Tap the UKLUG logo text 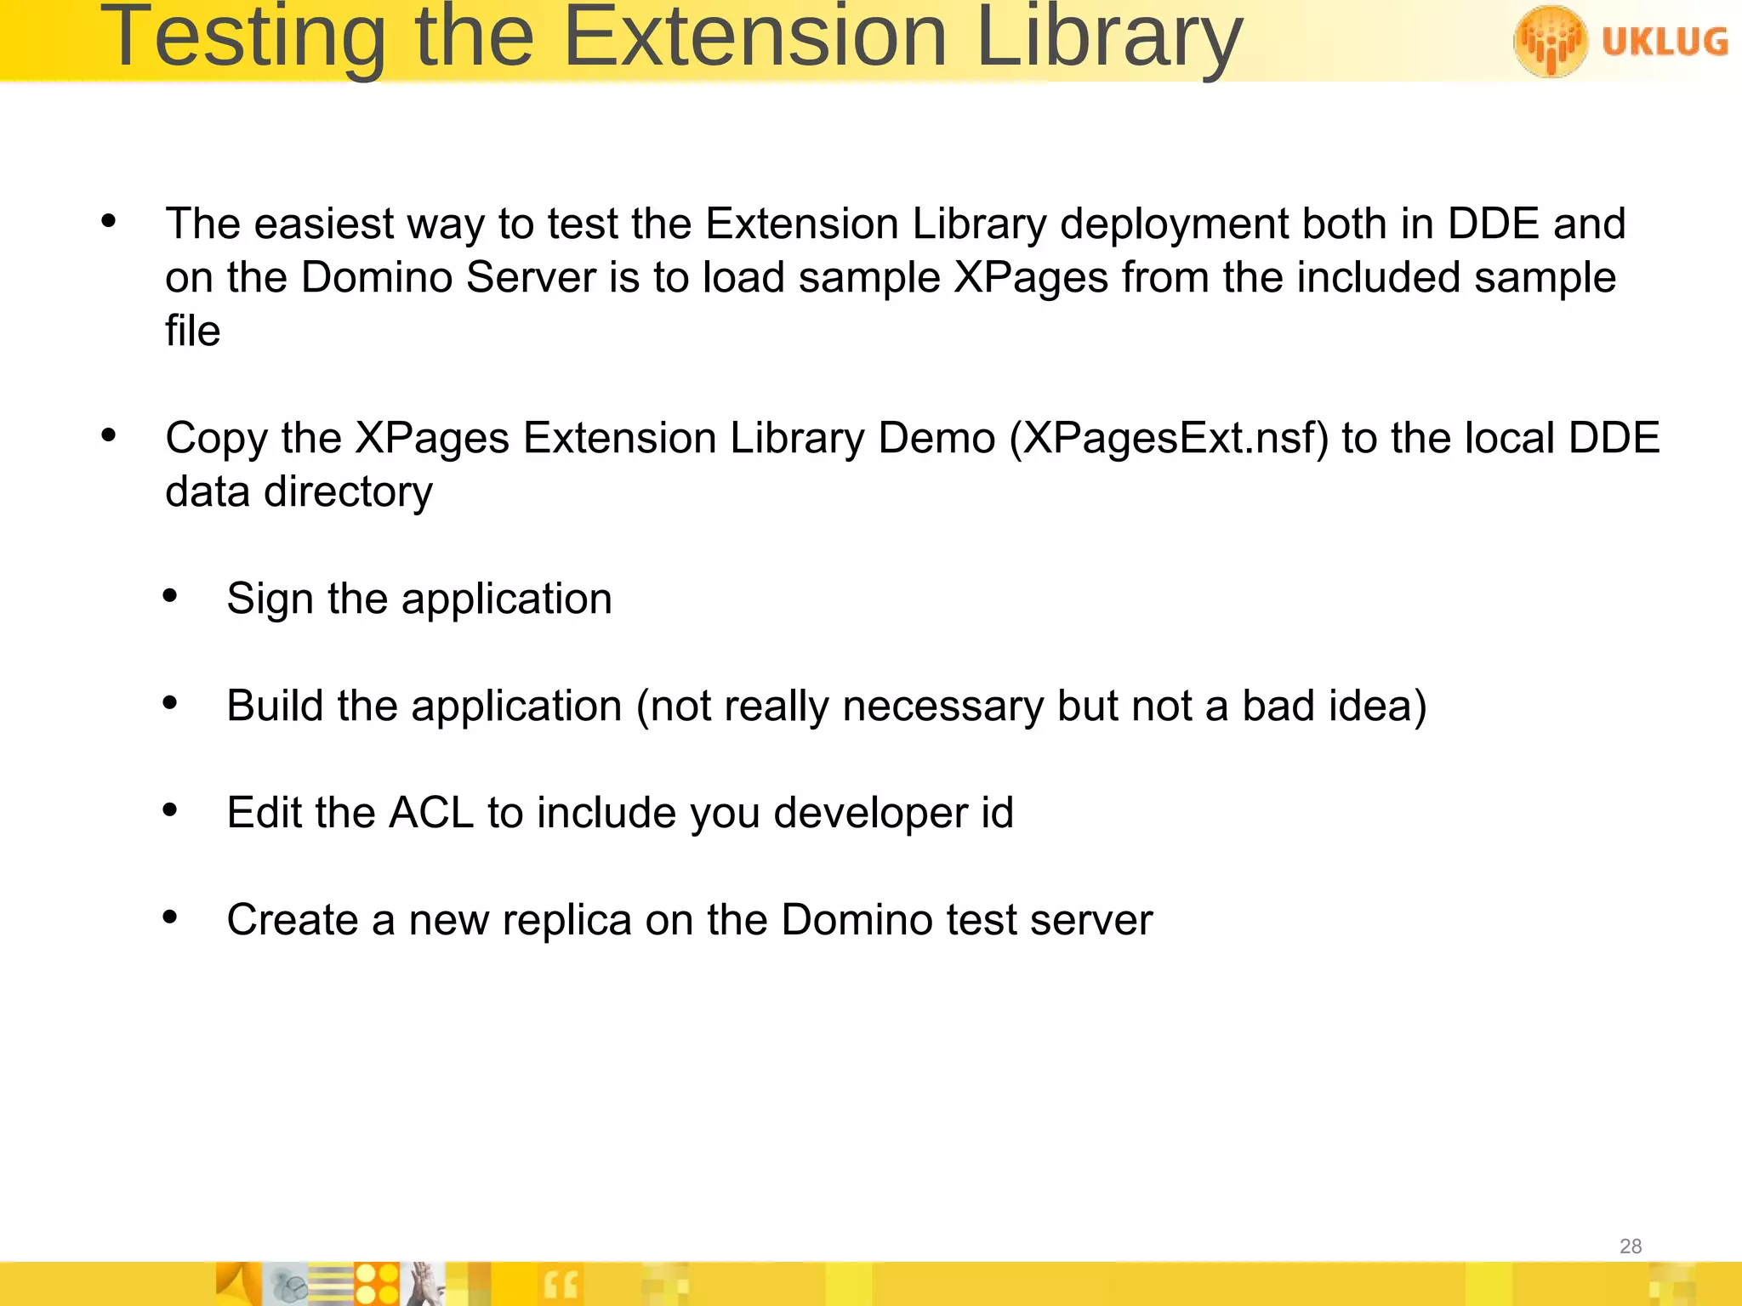(x=1665, y=41)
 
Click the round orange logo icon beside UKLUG (x=1550, y=41)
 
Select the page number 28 (x=1630, y=1246)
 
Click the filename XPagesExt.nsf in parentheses (x=1168, y=439)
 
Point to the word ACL (x=430, y=813)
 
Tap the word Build (x=275, y=706)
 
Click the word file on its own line (x=193, y=331)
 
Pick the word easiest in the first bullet (x=323, y=224)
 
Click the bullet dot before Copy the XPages (x=109, y=435)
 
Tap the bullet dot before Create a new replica (x=170, y=917)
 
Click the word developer (x=870, y=813)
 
